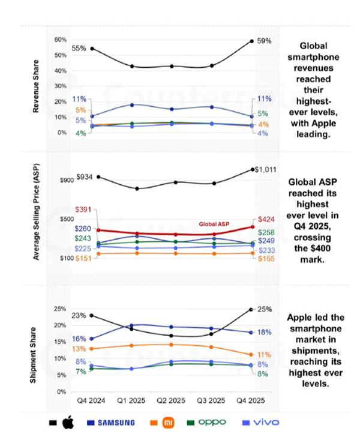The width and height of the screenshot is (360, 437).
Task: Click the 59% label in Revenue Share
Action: click(265, 41)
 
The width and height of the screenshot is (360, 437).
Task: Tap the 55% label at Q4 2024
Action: click(79, 47)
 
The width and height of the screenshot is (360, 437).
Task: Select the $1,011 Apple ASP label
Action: click(265, 170)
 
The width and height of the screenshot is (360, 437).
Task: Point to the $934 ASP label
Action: click(86, 177)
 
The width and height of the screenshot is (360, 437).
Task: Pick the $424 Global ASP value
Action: click(265, 220)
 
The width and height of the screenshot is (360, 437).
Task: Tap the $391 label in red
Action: click(83, 209)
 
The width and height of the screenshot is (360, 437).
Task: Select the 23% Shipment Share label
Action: click(79, 315)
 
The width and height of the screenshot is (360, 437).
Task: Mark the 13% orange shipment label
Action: click(79, 349)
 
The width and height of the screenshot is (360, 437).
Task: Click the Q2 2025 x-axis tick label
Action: click(175, 400)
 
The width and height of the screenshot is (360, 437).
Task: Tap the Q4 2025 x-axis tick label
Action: click(252, 400)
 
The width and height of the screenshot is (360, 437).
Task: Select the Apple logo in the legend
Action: click(68, 422)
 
